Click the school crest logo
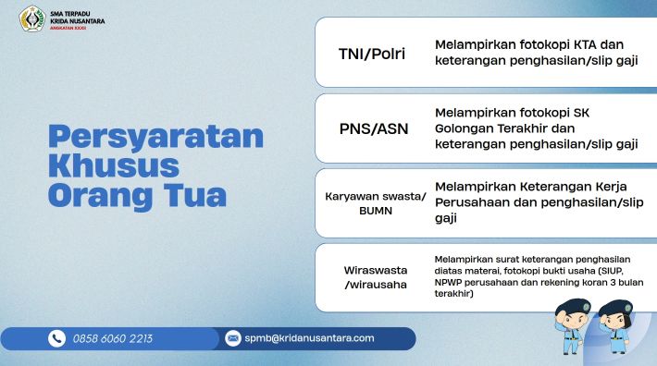click(31, 18)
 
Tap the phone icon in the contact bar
click(56, 338)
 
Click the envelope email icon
click(233, 338)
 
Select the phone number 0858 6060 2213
click(113, 338)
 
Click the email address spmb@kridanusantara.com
click(309, 338)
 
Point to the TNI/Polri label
click(372, 54)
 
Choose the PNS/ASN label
click(374, 128)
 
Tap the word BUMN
click(376, 211)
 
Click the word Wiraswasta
click(376, 270)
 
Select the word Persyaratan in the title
click(155, 137)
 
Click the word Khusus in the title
click(114, 166)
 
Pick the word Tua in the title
click(195, 195)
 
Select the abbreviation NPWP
click(448, 282)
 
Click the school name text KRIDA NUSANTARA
click(78, 21)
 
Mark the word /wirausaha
click(376, 285)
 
